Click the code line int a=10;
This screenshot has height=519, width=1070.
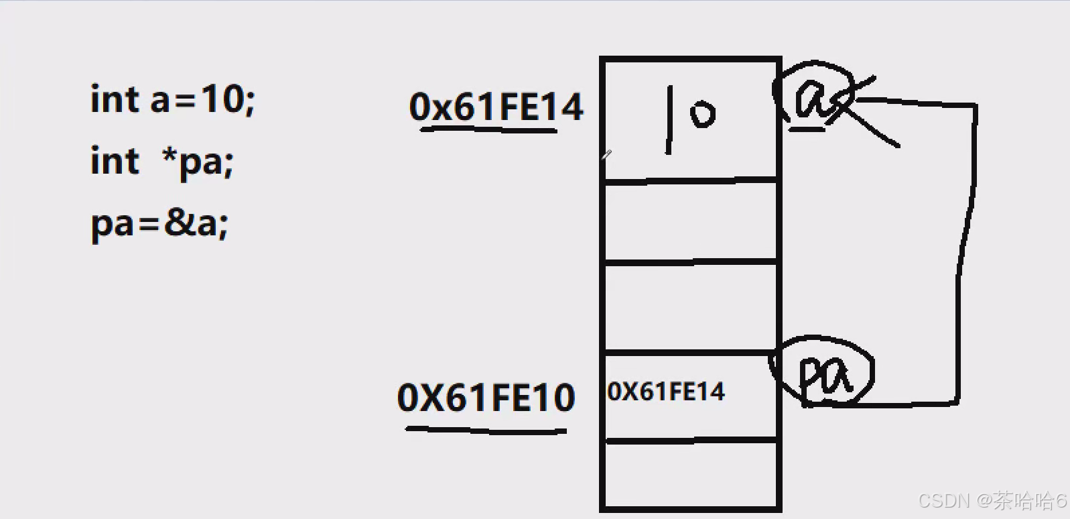tap(172, 100)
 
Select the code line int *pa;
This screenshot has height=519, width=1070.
tap(161, 162)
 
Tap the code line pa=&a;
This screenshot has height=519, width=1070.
tap(159, 223)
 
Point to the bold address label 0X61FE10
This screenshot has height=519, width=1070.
tap(486, 397)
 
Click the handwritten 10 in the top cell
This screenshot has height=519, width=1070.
tap(690, 117)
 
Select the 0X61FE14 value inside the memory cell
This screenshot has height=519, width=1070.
tap(666, 392)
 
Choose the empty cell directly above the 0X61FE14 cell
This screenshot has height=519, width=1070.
tap(691, 306)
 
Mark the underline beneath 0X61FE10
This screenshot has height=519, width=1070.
tap(486, 429)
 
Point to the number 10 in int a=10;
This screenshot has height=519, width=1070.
tap(221, 100)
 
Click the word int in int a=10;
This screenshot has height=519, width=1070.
tap(115, 100)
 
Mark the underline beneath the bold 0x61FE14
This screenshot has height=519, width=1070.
tap(489, 129)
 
